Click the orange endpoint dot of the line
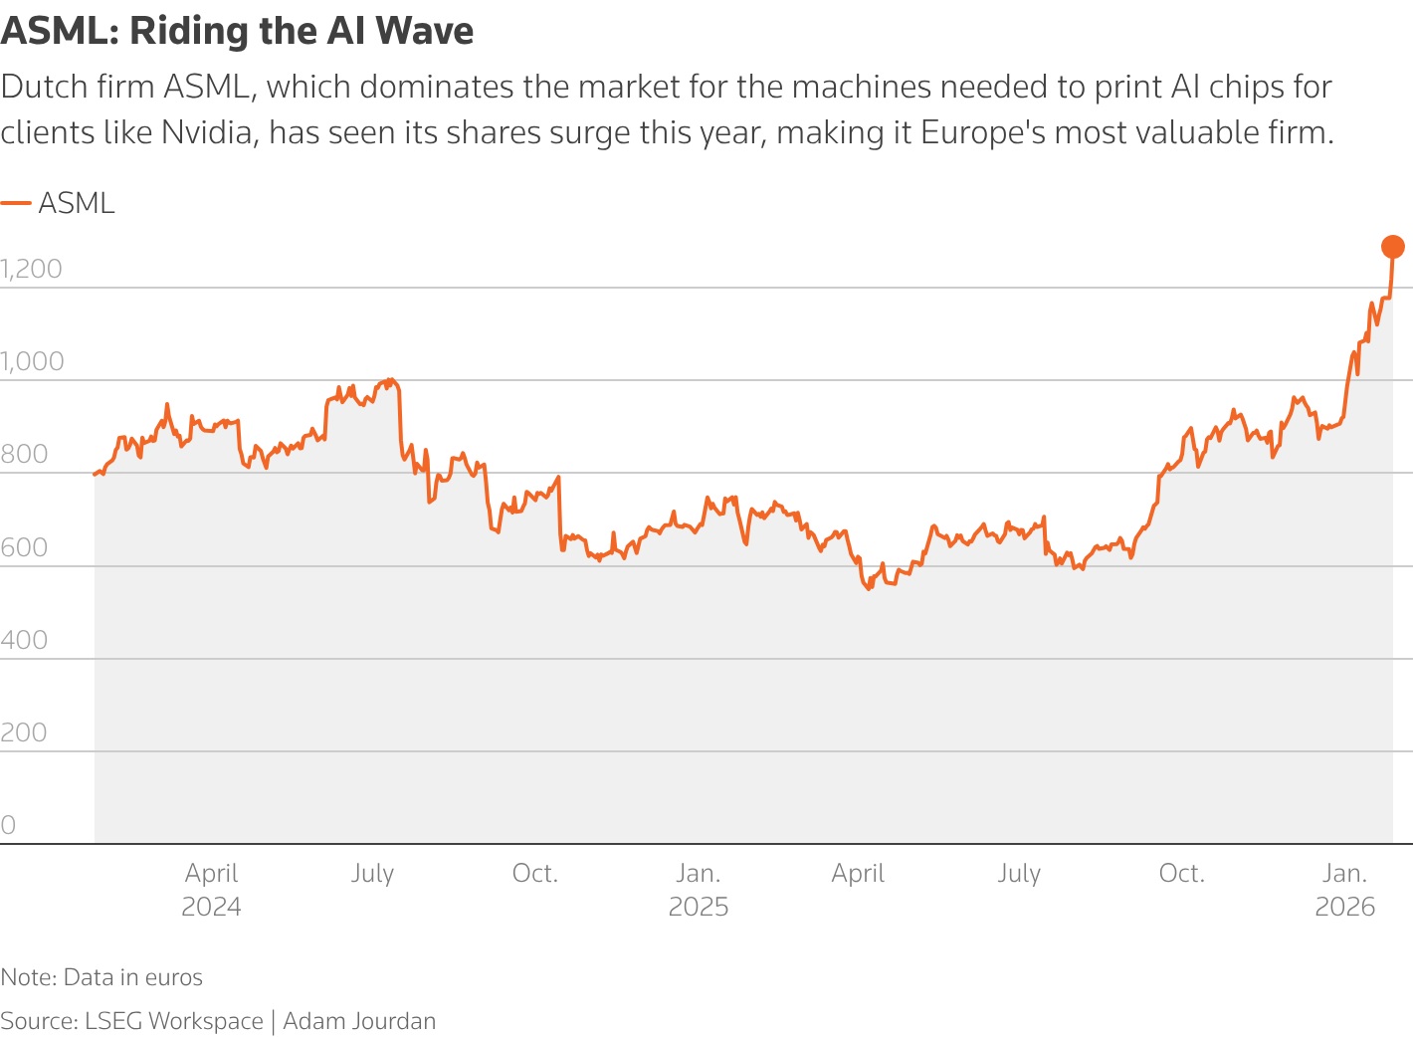tap(1393, 247)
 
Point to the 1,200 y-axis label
tap(32, 269)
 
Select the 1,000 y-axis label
tap(32, 361)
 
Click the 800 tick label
tap(24, 454)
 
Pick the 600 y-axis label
tap(24, 547)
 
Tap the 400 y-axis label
tap(24, 640)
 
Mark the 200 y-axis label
tap(24, 732)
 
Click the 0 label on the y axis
tap(8, 825)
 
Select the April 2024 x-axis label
tap(211, 889)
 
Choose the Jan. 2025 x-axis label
tap(699, 889)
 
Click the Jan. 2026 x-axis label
tap(1344, 889)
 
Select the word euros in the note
tap(173, 977)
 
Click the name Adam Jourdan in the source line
tap(359, 1021)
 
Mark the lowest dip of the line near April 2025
tap(869, 588)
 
